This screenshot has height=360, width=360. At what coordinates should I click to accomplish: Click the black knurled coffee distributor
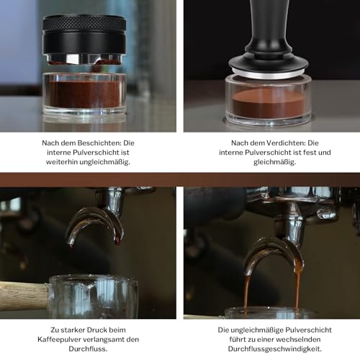click(84, 36)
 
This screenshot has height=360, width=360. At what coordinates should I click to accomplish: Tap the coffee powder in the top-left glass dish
click(84, 94)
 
